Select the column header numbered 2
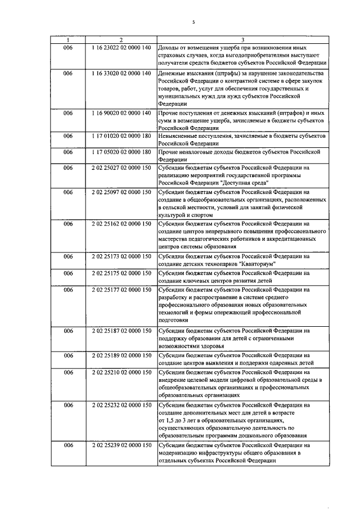tap(121, 39)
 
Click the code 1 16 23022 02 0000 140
tap(121, 48)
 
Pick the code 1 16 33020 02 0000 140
tap(121, 74)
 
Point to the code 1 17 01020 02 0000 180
tap(121, 136)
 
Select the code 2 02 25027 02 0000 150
tap(121, 167)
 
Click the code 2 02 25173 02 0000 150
tap(121, 257)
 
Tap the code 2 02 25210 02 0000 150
tap(121, 372)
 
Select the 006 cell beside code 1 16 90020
tap(68, 113)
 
